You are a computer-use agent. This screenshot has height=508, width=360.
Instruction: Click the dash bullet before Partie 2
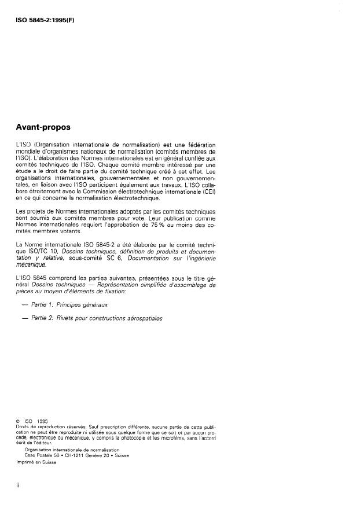coord(24,318)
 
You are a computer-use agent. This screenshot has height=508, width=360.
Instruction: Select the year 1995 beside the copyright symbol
coord(43,421)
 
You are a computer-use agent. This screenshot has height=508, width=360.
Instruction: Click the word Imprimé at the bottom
coord(27,462)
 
